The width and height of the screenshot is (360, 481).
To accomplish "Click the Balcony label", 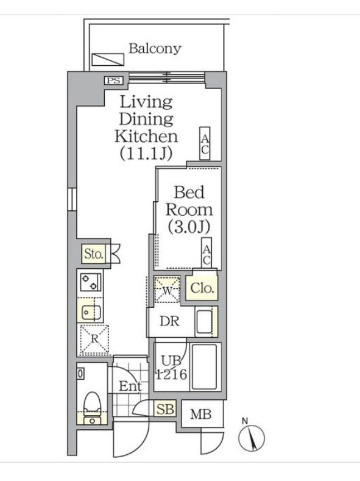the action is point(155,49).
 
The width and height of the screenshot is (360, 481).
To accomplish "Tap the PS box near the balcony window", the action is point(114,80).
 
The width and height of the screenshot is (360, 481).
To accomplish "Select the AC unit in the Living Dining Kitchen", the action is point(205,143).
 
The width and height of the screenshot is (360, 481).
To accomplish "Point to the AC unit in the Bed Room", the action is point(207,252).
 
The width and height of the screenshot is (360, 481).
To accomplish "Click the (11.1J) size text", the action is point(146,154).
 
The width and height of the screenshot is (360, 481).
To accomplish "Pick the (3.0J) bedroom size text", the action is point(189,227).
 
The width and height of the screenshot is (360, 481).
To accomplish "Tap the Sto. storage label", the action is point(93,254).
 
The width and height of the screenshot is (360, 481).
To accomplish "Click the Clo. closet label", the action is point(202,288).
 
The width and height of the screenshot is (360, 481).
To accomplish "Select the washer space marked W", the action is point(167,290).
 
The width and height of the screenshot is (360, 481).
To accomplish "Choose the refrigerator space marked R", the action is point(94,340).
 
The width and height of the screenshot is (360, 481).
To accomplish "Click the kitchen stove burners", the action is point(90,282).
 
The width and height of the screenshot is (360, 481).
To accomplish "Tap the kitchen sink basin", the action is point(91,312).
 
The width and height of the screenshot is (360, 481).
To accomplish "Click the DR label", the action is point(169,321).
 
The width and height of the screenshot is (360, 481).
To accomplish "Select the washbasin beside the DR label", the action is point(204,322).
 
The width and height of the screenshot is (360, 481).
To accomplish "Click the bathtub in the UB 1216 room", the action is point(203,367).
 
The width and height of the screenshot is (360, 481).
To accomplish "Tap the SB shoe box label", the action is point(165,409).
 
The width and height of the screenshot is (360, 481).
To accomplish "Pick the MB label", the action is point(200,415).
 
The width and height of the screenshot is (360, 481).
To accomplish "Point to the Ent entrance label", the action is point(130,386).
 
